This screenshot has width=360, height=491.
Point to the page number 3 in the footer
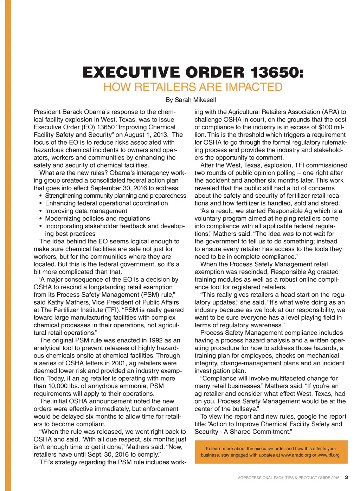tap(346, 477)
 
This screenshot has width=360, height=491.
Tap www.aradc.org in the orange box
tap(296, 455)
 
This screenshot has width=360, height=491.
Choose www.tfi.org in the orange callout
tap(329, 455)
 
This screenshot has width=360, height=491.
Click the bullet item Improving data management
tap(86, 211)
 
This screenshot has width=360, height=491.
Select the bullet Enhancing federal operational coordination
tap(107, 203)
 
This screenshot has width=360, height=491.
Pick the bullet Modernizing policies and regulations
tap(97, 218)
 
